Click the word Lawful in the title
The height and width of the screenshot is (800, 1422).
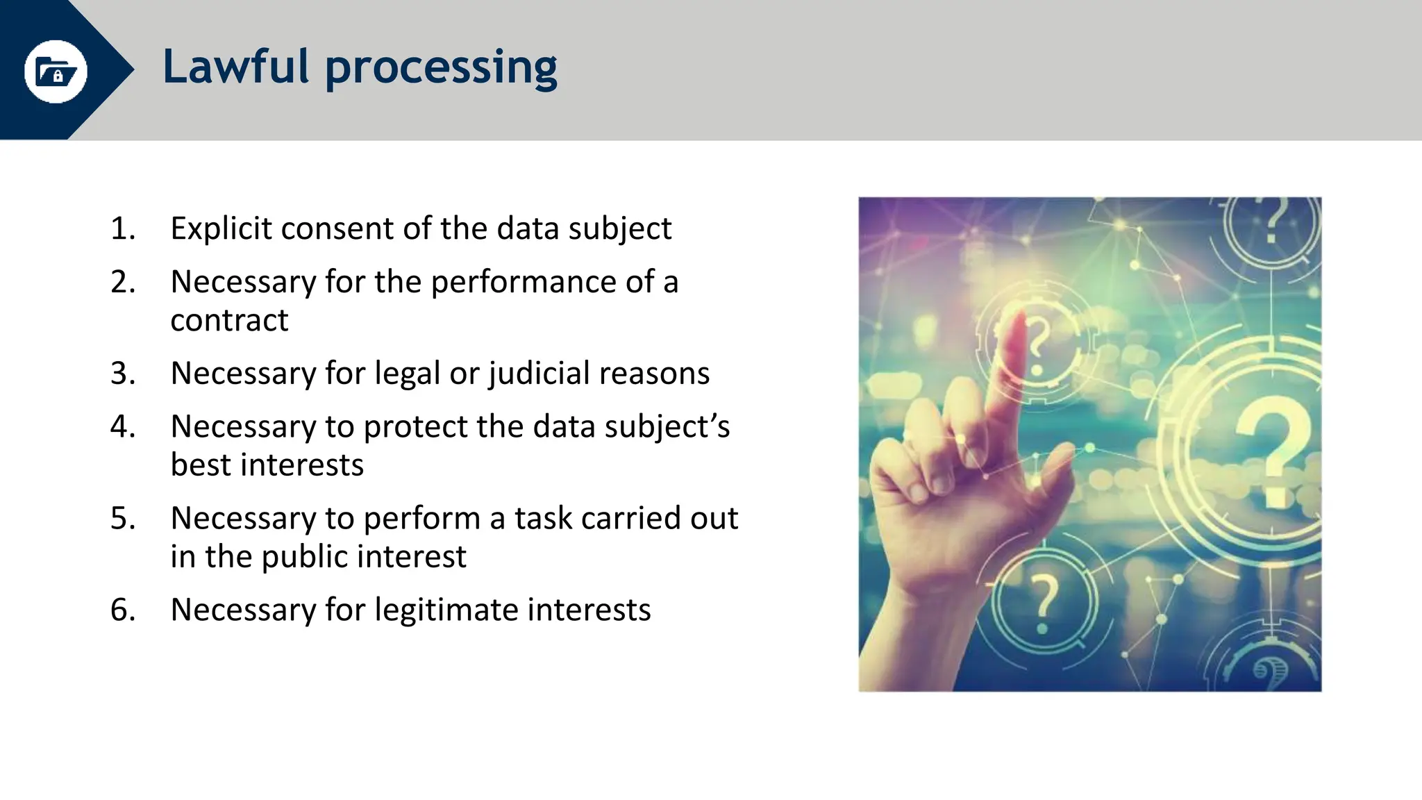[x=235, y=67]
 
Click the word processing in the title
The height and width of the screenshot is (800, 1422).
[x=441, y=69]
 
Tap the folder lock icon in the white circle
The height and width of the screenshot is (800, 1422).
[x=56, y=72]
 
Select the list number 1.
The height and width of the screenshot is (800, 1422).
[x=122, y=228]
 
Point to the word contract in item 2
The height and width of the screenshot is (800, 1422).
[x=229, y=320]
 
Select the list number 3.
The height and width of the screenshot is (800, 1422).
[x=122, y=374]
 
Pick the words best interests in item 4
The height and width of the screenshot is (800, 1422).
[x=267, y=465]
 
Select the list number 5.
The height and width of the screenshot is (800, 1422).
[x=122, y=518]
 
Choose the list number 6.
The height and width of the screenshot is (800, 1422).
[x=122, y=610]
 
